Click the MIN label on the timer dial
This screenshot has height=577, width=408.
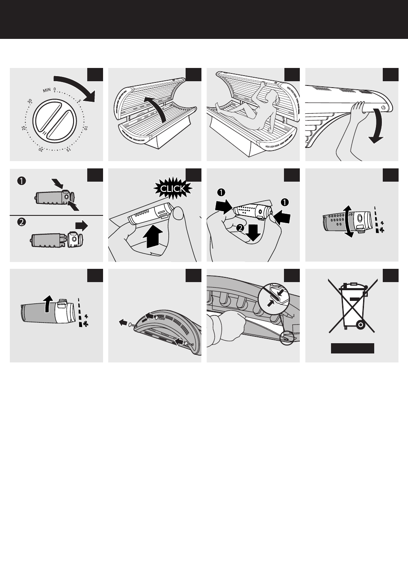pos(47,91)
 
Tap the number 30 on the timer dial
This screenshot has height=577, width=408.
pos(30,102)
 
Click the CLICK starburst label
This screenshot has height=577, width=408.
pos(173,188)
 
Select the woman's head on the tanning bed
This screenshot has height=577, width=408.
pos(269,99)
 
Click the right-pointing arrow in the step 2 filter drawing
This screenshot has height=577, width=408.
pos(80,226)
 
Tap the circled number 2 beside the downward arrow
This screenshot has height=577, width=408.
pos(240,228)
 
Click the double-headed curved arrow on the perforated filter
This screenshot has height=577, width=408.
pos(349,221)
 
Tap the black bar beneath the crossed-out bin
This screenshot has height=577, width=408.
pos(352,348)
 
